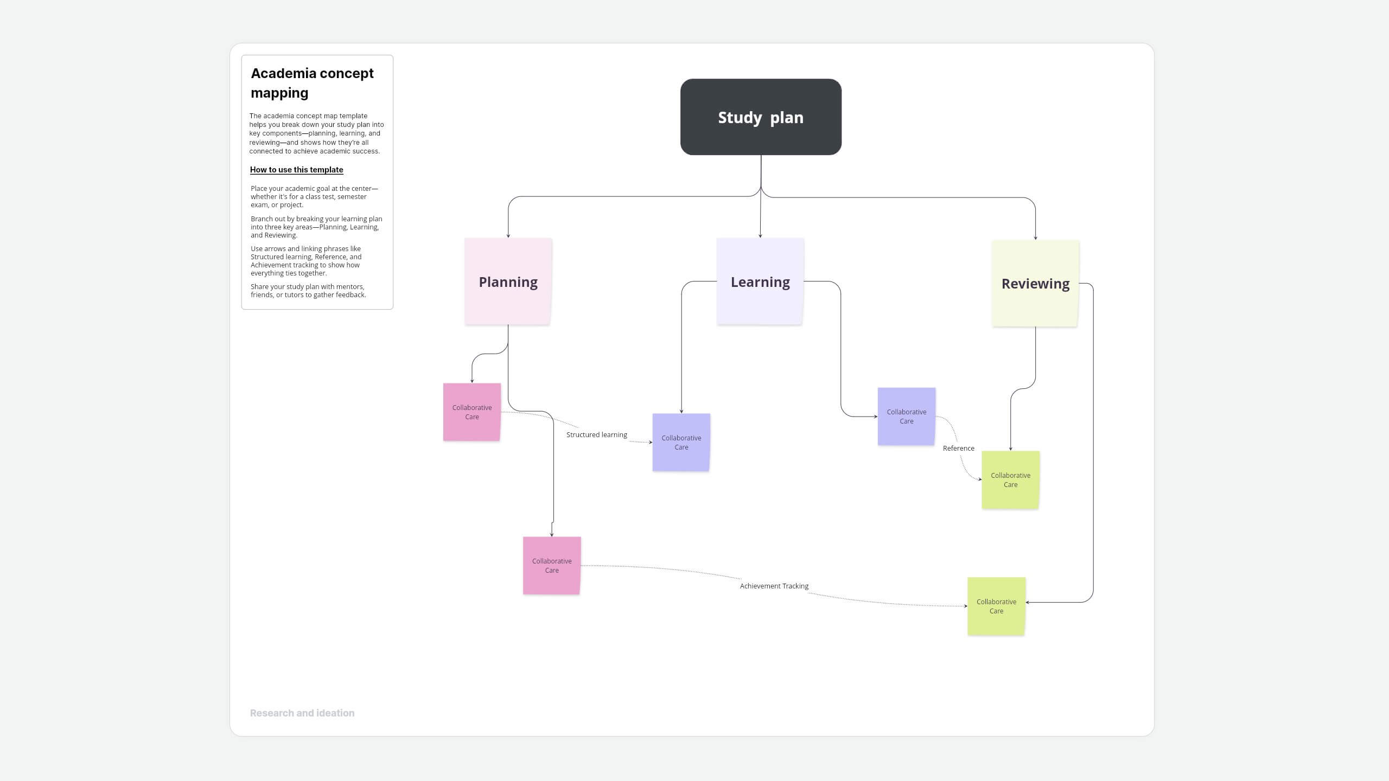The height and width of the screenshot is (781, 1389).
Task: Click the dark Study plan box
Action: (x=761, y=117)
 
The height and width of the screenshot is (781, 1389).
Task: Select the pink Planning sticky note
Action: (x=508, y=281)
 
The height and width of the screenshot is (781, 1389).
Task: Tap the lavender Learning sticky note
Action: (x=760, y=281)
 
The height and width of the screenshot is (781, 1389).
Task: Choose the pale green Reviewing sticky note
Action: (x=1035, y=284)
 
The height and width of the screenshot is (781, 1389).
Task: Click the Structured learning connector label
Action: (x=596, y=435)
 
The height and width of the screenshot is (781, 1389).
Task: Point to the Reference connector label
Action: (x=958, y=449)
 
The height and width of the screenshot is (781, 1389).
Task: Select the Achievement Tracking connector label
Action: (x=774, y=586)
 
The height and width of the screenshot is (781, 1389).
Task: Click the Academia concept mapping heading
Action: (x=312, y=83)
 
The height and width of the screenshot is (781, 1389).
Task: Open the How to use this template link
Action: (x=296, y=170)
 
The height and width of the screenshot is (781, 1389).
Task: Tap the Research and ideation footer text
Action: (x=302, y=713)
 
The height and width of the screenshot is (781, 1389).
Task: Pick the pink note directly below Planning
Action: (x=472, y=412)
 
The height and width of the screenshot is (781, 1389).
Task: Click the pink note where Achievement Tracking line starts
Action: (x=551, y=566)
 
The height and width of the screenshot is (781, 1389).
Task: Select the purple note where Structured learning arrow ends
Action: (x=681, y=443)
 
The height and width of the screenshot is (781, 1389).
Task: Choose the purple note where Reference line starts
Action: (x=906, y=417)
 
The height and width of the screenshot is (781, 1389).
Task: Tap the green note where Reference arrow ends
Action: (x=1010, y=480)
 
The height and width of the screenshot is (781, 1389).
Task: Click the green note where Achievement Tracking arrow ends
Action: (x=996, y=606)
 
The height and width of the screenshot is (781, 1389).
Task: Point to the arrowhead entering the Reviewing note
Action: (x=1035, y=238)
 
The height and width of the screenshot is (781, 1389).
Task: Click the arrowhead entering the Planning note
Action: (x=508, y=235)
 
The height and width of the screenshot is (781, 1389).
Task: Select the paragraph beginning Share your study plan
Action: (x=308, y=291)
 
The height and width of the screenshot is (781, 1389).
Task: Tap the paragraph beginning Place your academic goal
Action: (x=314, y=197)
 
